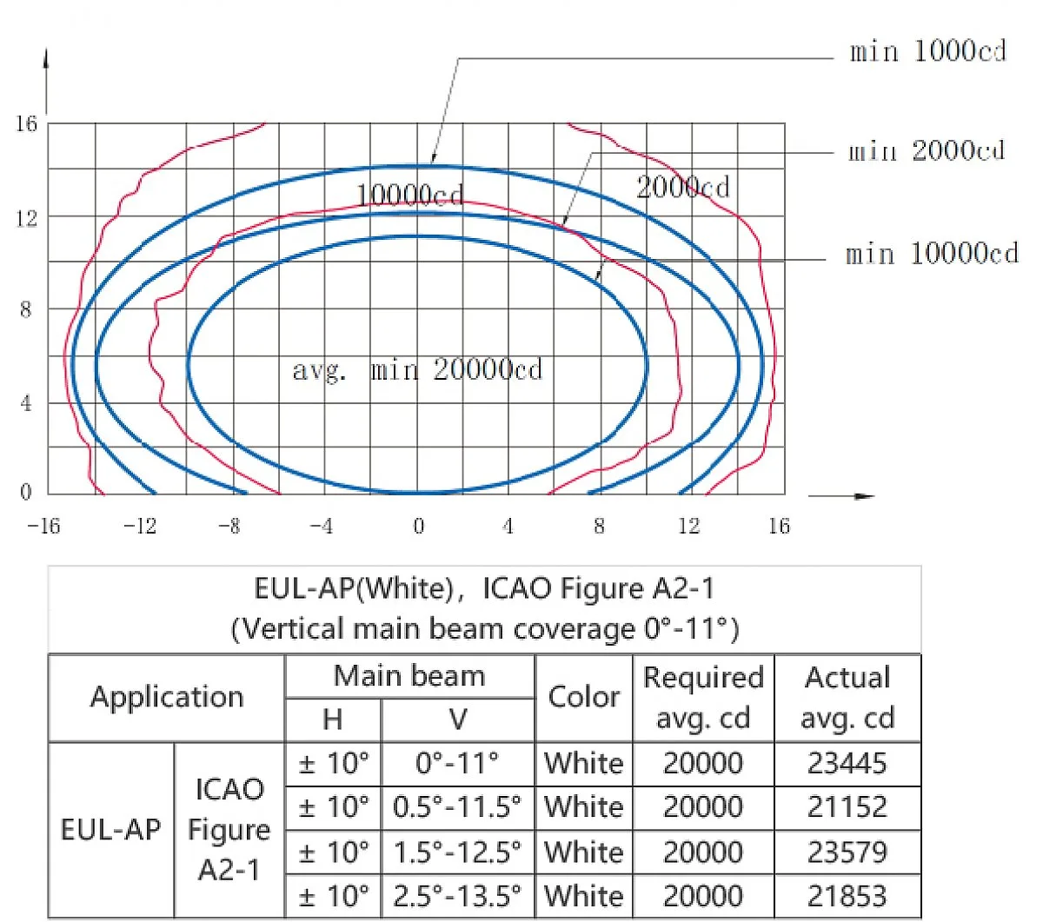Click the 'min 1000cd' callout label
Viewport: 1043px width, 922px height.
coord(927,52)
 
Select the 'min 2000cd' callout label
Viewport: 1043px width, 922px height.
coord(927,151)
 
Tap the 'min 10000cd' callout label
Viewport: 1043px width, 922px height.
coord(932,254)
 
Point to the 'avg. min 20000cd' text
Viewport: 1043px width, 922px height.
coord(417,369)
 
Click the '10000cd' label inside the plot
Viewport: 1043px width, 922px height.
coord(409,196)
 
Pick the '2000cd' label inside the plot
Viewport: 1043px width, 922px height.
coord(682,187)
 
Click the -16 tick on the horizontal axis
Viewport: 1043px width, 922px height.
coord(43,527)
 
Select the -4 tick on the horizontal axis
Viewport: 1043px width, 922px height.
coord(322,527)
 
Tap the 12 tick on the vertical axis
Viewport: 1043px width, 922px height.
coord(27,219)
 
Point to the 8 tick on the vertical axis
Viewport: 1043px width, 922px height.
coord(26,309)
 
